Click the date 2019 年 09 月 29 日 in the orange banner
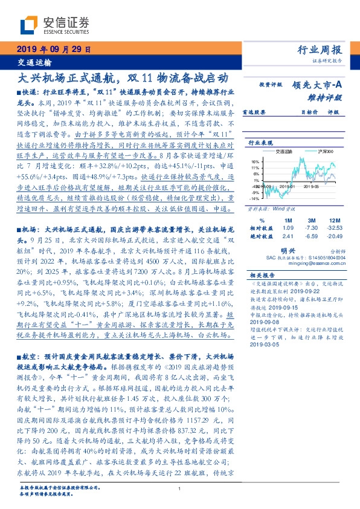(53, 50)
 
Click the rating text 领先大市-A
(320, 86)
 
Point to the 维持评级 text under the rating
(329, 97)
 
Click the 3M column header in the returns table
(312, 219)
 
